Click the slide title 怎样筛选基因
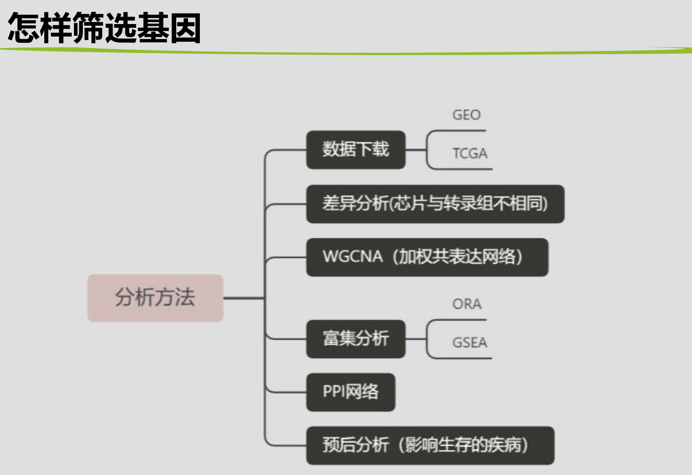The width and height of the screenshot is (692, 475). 105,28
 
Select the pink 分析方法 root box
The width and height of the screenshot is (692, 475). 155,298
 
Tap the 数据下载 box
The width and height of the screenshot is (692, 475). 355,150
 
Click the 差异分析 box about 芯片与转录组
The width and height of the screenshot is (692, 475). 435,204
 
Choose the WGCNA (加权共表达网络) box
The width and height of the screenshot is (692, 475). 427,257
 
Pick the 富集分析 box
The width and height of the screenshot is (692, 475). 355,339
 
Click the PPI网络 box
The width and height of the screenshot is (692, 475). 350,392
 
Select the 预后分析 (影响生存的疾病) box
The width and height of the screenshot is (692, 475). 429,445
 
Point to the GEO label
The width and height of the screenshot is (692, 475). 466,115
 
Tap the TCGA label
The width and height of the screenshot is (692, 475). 470,154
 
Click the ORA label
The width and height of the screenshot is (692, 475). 467,304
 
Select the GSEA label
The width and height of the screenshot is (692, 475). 470,343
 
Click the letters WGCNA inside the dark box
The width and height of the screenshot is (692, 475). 352,257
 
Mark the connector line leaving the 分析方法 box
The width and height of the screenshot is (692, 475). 243,298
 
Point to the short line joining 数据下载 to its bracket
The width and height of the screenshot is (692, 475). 415,150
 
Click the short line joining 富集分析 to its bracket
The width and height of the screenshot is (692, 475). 415,339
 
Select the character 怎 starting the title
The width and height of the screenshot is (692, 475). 24,28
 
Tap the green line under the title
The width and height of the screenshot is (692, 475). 346,52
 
